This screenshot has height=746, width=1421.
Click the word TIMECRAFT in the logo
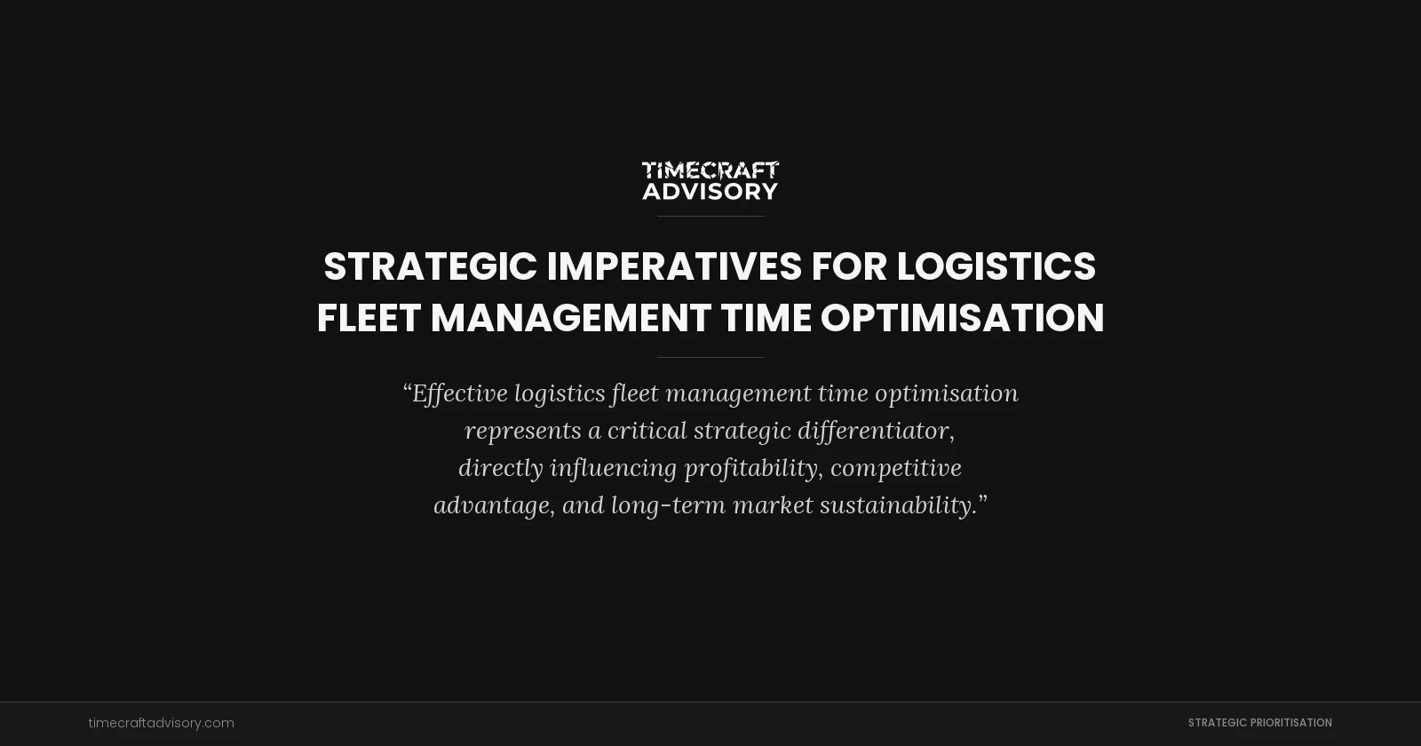[x=710, y=170]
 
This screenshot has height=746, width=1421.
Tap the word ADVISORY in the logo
[x=710, y=191]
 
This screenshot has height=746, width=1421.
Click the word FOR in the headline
[x=849, y=266]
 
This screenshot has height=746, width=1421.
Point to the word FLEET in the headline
[x=368, y=318]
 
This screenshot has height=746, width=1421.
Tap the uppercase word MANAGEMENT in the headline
[x=571, y=318]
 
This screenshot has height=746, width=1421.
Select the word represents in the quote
[x=523, y=431]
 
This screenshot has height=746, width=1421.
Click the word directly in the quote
[x=500, y=468]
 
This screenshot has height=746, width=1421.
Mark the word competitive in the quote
[x=896, y=468]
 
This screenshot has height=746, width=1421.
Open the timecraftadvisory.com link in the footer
[x=162, y=723]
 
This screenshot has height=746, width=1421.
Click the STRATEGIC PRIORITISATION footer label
[x=1259, y=723]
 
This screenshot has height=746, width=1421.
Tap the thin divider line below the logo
[x=710, y=216]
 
